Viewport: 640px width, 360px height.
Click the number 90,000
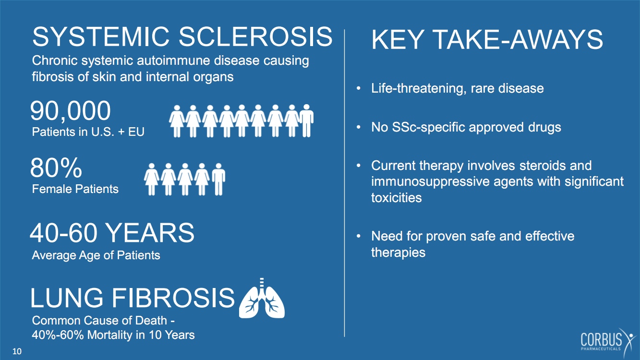point(70,111)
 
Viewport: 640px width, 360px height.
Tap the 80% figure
point(56,168)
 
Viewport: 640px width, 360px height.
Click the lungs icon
point(262,298)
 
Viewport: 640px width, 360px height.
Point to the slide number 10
point(17,351)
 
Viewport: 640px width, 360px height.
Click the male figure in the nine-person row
point(307,120)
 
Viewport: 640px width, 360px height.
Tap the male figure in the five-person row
point(218,179)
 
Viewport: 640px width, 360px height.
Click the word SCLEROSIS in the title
point(256,36)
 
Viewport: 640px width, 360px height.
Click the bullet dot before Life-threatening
point(359,88)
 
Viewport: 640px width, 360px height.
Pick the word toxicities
point(396,198)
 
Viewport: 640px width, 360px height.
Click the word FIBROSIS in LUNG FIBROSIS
point(173,298)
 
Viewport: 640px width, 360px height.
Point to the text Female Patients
point(75,189)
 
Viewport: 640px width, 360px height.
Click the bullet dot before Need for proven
point(359,236)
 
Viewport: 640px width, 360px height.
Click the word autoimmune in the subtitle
point(174,60)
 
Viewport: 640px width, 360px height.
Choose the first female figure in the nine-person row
point(177,121)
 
